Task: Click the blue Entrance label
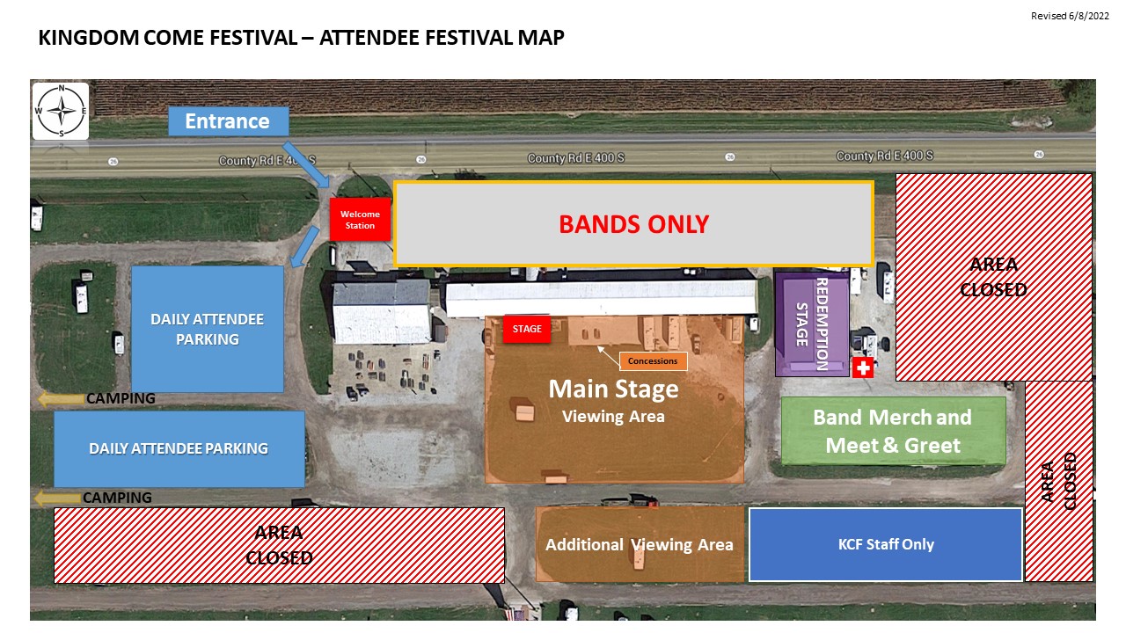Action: [x=228, y=121]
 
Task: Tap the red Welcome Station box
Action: [x=360, y=220]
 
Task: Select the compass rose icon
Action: [x=61, y=111]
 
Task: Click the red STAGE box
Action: [x=527, y=329]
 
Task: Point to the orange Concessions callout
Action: [x=653, y=360]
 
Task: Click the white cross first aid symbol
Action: [x=863, y=367]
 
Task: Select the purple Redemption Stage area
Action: [x=812, y=324]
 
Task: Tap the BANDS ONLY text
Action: [x=634, y=224]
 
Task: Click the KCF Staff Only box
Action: [x=886, y=544]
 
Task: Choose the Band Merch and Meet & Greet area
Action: [x=893, y=431]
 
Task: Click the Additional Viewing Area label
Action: [x=640, y=544]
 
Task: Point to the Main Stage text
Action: [x=613, y=389]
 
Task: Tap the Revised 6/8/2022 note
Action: [x=1070, y=16]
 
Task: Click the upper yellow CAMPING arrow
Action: [x=61, y=399]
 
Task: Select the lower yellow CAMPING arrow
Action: [x=57, y=498]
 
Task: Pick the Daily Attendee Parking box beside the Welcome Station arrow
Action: [x=207, y=329]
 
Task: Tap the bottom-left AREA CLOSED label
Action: [x=279, y=545]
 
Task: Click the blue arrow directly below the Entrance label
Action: [x=306, y=164]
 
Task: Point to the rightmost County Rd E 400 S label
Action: [x=885, y=156]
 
